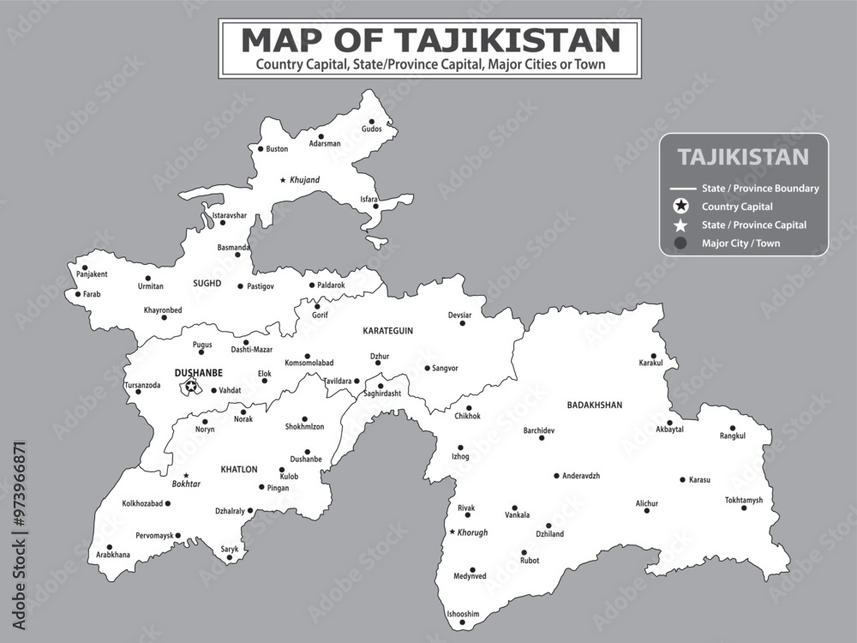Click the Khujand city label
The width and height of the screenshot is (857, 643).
tap(304, 180)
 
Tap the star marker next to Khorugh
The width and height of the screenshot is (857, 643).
tap(452, 532)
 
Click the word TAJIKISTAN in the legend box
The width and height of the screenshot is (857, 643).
tap(743, 157)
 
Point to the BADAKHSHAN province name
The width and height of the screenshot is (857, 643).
tap(594, 405)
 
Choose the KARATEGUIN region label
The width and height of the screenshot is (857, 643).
tap(387, 330)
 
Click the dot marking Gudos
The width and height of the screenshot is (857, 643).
tap(372, 122)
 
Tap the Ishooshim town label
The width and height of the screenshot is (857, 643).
tap(463, 614)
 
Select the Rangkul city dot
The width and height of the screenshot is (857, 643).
tap(733, 428)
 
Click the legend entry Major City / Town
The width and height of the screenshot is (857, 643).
tap(740, 243)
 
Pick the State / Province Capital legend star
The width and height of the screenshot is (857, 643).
tap(680, 225)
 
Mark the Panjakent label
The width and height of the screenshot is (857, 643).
tap(92, 274)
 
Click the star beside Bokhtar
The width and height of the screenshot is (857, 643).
tap(185, 475)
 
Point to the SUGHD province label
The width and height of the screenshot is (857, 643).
tap(207, 283)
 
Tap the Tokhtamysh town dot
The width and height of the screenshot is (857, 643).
tap(744, 508)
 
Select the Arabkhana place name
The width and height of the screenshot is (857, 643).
tap(113, 555)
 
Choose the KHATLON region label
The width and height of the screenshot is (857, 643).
tap(239, 469)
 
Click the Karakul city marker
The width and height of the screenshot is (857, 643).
tap(653, 356)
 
